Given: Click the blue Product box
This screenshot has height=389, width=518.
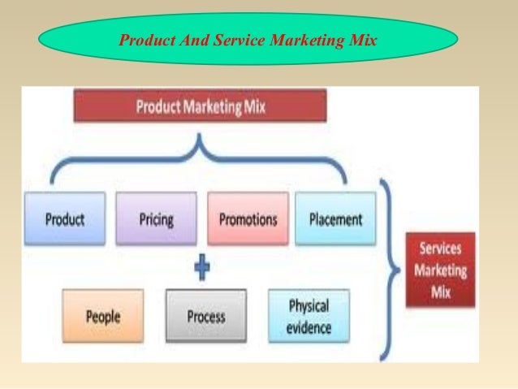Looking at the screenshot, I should (65, 218).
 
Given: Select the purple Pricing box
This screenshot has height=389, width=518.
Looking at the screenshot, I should (155, 218).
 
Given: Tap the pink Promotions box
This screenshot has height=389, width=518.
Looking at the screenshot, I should (248, 218).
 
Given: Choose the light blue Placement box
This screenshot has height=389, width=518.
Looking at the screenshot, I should (336, 218).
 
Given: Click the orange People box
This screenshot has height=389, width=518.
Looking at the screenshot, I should (103, 315).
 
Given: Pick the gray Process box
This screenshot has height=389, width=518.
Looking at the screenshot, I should (205, 315).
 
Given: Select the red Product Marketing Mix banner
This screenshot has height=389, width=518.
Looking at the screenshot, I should (200, 106).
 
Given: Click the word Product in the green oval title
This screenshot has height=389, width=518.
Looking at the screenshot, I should (145, 37).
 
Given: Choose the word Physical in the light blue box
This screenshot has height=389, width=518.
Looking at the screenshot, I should (309, 307).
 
